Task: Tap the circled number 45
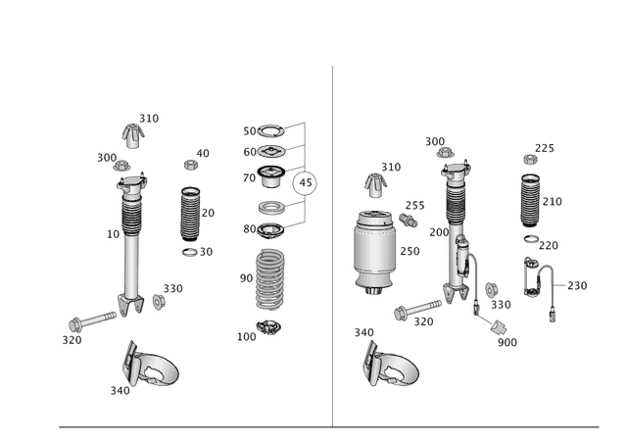(307, 182)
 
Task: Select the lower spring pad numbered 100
(267, 327)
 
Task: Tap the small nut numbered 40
(192, 163)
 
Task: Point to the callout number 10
(114, 234)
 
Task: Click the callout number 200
(438, 233)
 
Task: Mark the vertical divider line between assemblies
(332, 245)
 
